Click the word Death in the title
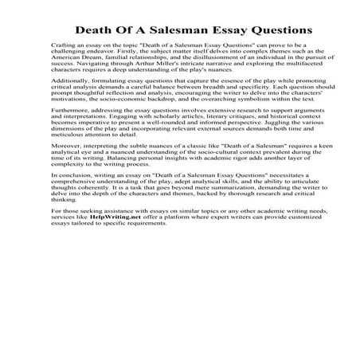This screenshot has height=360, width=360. tap(95, 29)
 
